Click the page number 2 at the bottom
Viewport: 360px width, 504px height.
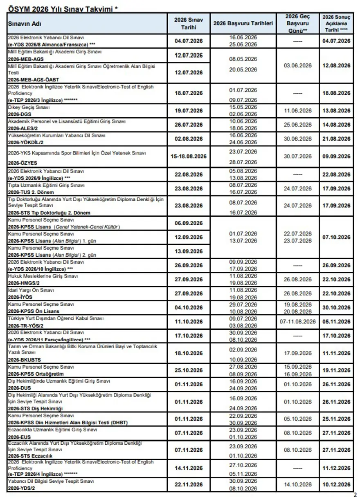tap(355, 495)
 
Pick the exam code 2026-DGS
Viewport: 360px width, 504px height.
tap(20, 114)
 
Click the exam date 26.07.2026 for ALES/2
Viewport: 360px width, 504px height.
tap(188, 125)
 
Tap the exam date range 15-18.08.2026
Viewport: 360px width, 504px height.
tap(188, 157)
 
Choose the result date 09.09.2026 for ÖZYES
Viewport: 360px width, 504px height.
tap(336, 157)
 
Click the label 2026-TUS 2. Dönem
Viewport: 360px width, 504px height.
tap(29, 192)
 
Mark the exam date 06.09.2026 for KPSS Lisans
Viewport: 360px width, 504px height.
tap(188, 223)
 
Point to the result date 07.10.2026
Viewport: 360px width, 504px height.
tap(336, 237)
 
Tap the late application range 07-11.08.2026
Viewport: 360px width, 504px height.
tap(297, 322)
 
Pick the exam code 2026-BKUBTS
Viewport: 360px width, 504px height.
tap(24, 360)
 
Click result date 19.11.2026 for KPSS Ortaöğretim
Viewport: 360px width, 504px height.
tap(336, 371)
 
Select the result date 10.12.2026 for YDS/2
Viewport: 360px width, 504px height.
tap(336, 485)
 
